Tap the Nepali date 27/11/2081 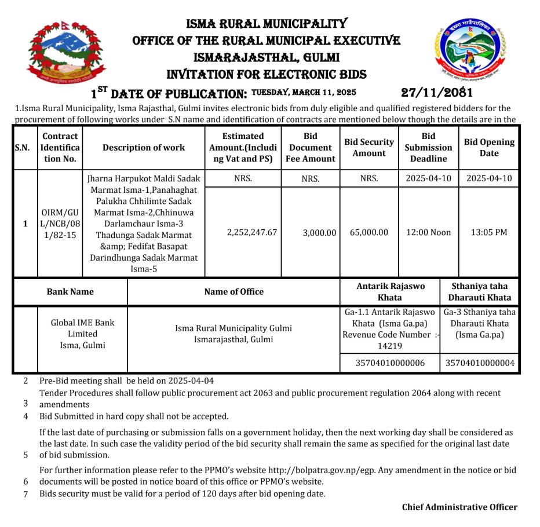click(x=437, y=92)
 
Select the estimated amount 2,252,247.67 click(x=243, y=232)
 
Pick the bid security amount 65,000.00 click(x=369, y=232)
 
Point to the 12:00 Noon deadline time click(x=428, y=232)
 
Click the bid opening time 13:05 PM click(x=489, y=232)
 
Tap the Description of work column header click(x=144, y=147)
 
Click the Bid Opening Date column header click(x=489, y=147)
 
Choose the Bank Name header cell click(x=70, y=292)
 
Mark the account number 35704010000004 click(x=480, y=364)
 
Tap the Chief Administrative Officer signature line click(x=459, y=507)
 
